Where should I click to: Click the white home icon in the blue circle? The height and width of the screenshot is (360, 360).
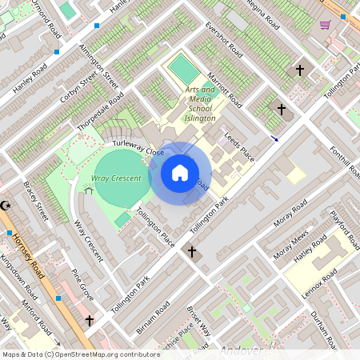coord(180,172)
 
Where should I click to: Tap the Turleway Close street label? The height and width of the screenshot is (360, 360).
coord(138,147)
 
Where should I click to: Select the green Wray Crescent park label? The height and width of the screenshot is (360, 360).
coord(116,178)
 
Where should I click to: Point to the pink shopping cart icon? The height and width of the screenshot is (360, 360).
coord(325,25)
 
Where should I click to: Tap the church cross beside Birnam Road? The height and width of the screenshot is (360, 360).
coord(192,252)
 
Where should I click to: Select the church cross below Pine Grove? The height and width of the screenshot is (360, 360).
coord(89,321)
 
